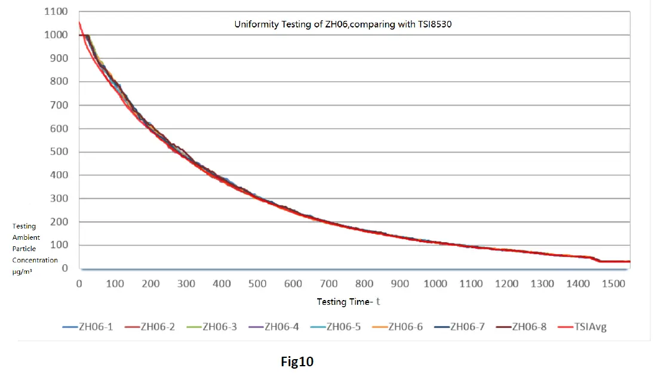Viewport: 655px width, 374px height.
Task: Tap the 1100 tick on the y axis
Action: pyautogui.click(x=56, y=11)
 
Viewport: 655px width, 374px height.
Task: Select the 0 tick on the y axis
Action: pyautogui.click(x=64, y=268)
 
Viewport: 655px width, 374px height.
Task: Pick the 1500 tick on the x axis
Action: pyautogui.click(x=613, y=284)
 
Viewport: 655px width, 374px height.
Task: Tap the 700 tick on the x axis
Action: pyautogui.click(x=328, y=284)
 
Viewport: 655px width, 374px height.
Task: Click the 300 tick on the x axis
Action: pyautogui.click(x=186, y=284)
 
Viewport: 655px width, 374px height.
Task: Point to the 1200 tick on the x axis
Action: pyautogui.click(x=506, y=284)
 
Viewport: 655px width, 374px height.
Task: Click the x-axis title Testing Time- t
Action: pyautogui.click(x=348, y=302)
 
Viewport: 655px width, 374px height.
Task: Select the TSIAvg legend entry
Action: pyautogui.click(x=584, y=327)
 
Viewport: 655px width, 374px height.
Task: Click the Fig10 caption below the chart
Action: pyautogui.click(x=297, y=361)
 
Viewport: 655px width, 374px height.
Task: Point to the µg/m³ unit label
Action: pyautogui.click(x=23, y=271)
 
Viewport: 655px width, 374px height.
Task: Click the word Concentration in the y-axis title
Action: pyautogui.click(x=35, y=260)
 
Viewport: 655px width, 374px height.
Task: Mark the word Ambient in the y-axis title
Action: pyautogui.click(x=26, y=237)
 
